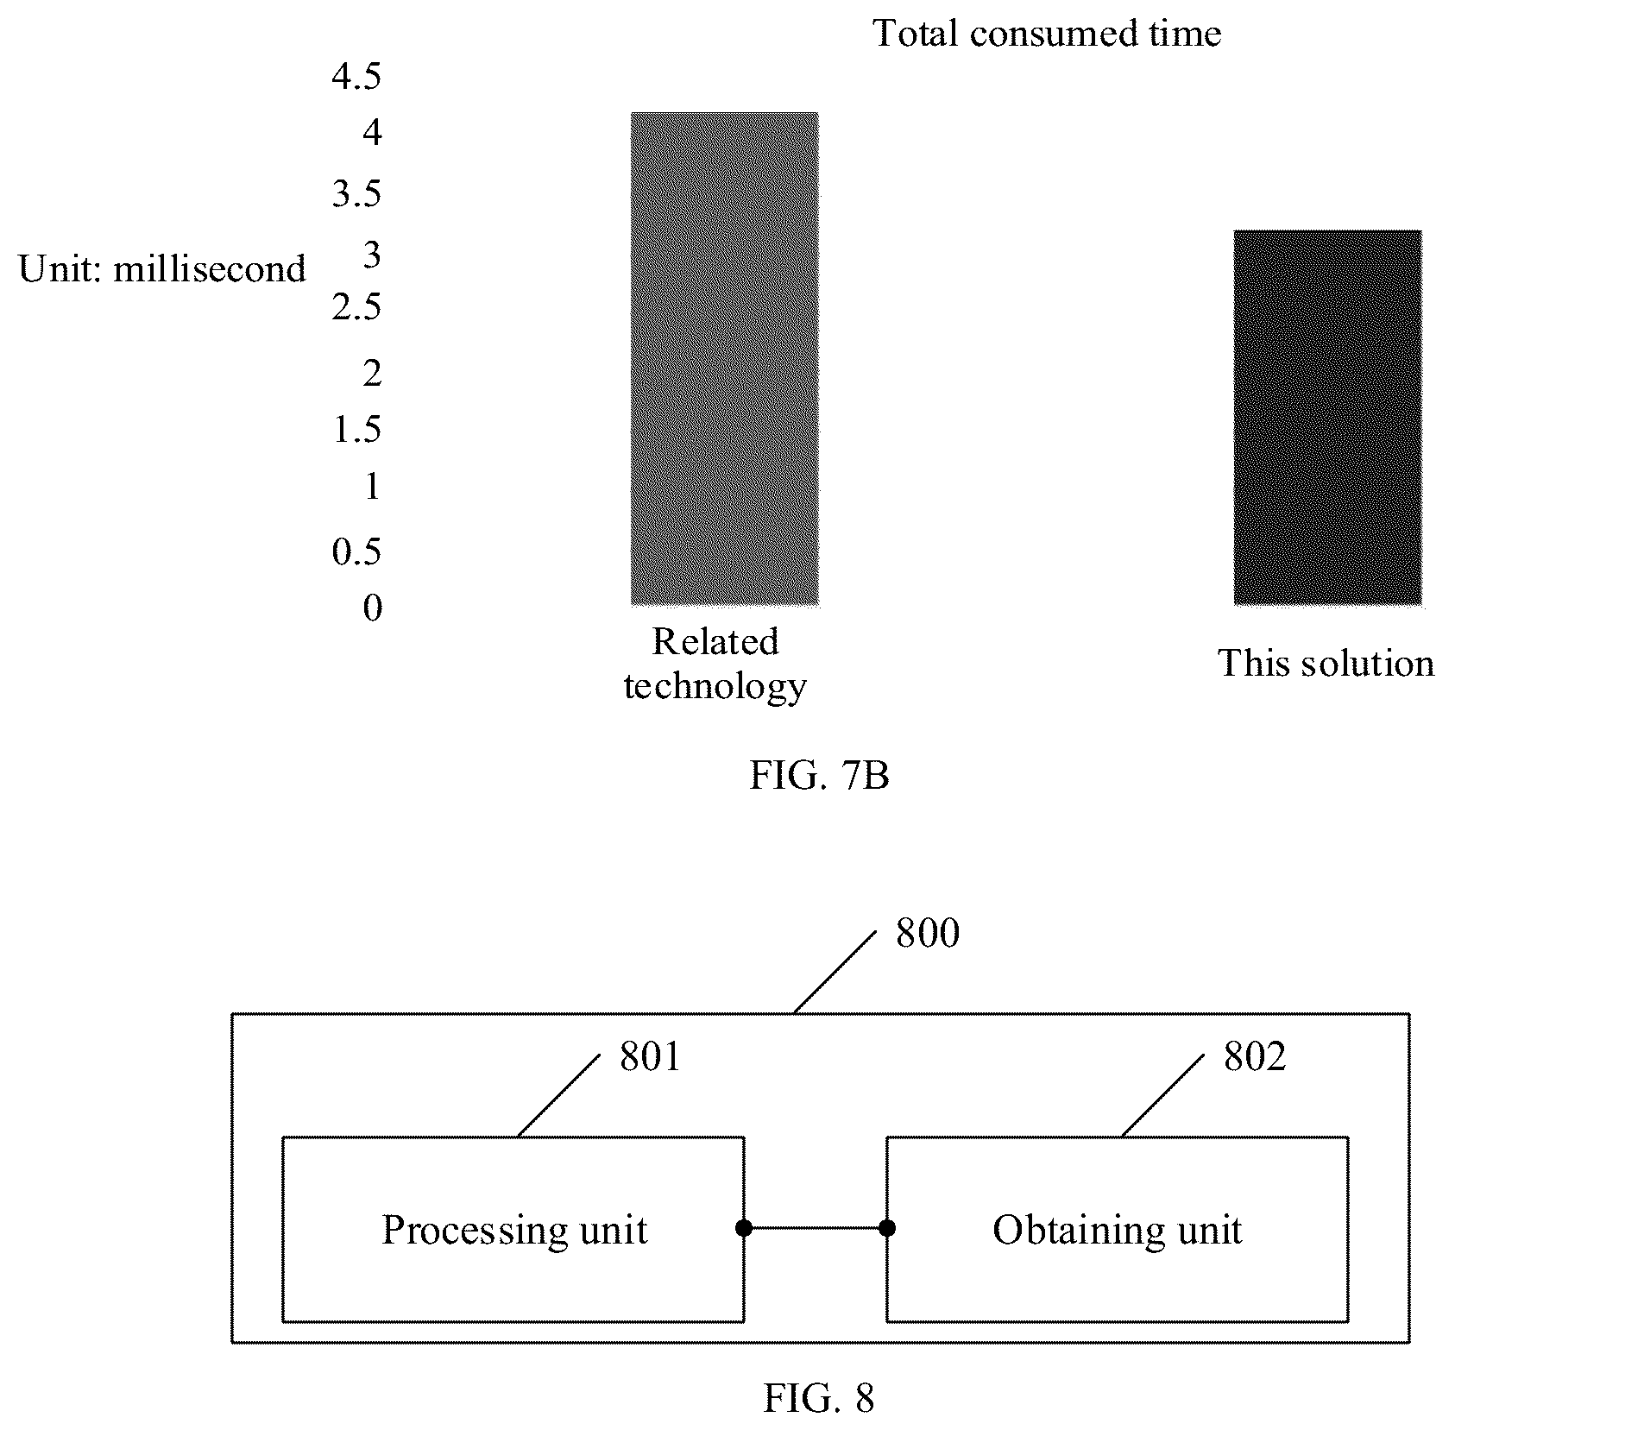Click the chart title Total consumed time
click(1047, 34)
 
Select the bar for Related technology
click(724, 358)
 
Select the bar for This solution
click(1327, 417)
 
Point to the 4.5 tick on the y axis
click(356, 77)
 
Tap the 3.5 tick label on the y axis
click(356, 194)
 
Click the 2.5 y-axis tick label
click(356, 307)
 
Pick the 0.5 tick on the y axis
click(356, 551)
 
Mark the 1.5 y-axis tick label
click(356, 429)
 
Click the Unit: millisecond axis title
click(162, 269)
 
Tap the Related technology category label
click(715, 664)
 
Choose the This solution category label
click(1326, 663)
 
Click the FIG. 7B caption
click(819, 775)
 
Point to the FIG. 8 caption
click(819, 1397)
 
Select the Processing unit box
click(513, 1229)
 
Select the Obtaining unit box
click(1118, 1229)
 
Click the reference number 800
click(928, 934)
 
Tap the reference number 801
click(651, 1057)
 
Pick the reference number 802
click(1255, 1057)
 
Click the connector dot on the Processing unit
click(744, 1228)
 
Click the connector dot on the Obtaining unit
click(887, 1228)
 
